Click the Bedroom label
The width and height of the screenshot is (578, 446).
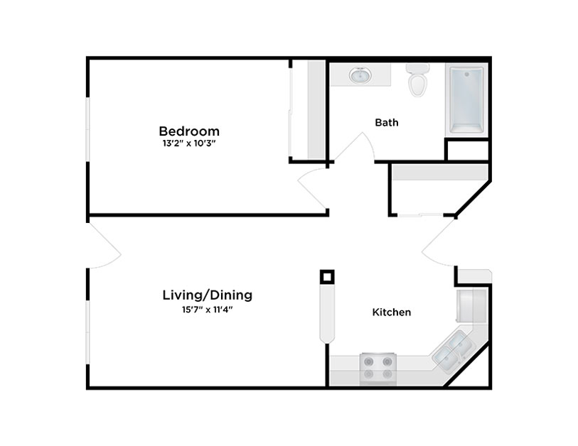coord(189,131)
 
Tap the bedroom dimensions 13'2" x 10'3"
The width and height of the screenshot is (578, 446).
coord(188,143)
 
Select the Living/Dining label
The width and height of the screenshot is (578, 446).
coord(208,295)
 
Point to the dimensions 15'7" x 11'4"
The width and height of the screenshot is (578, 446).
coord(207,310)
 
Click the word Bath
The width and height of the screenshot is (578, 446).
coord(387,122)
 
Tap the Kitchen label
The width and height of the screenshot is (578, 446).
coord(392,312)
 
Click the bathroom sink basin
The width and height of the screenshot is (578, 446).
coord(360,75)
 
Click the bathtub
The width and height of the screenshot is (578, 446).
coord(466,100)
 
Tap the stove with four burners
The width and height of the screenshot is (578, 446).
coord(378,369)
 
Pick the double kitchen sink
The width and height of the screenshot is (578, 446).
coord(452,349)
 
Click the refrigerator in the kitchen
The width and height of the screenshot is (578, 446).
coord(472,305)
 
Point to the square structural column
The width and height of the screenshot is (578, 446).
coord(327,276)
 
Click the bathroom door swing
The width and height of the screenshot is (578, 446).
coord(355,147)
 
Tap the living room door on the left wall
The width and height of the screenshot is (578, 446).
coord(105,245)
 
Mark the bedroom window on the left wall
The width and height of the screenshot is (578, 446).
coord(87,129)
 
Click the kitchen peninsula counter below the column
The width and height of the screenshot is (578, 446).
coord(327,314)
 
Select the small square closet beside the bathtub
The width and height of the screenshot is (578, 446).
coord(467,151)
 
